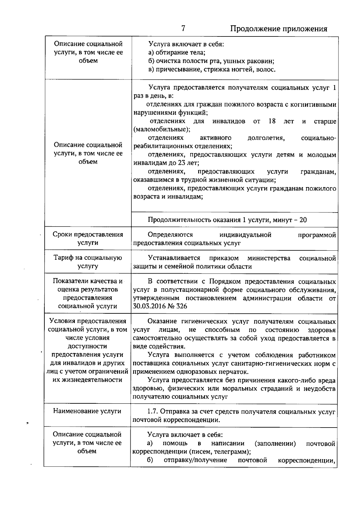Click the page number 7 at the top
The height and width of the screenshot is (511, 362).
183,28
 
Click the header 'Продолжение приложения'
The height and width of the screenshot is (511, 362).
279,29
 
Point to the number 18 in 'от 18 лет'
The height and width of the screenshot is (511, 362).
272,121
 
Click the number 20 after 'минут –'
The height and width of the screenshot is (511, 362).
303,220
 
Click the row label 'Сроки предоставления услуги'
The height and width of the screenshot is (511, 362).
88,239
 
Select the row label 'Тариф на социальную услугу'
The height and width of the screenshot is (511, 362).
88,262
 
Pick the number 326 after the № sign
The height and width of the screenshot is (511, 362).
182,306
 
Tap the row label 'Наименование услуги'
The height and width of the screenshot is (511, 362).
87,411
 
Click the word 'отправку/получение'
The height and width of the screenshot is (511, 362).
195,460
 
